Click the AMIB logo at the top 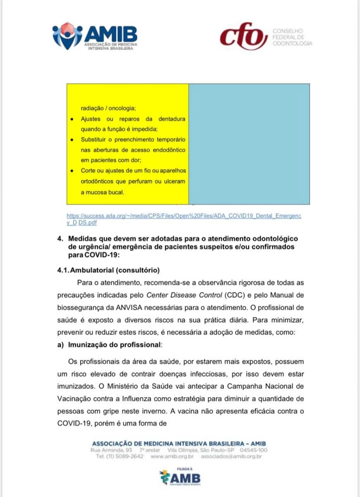pyautogui.click(x=95, y=36)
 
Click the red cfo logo pyautogui.click(x=243, y=36)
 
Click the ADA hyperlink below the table pyautogui.click(x=184, y=219)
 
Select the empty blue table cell pyautogui.click(x=249, y=144)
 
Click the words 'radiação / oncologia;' pyautogui.click(x=108, y=109)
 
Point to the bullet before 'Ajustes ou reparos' pyautogui.click(x=72, y=119)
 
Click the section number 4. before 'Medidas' pyautogui.click(x=60, y=239)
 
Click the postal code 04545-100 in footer pyautogui.click(x=254, y=450)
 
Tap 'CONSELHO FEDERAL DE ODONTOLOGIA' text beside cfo pyautogui.click(x=292, y=37)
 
